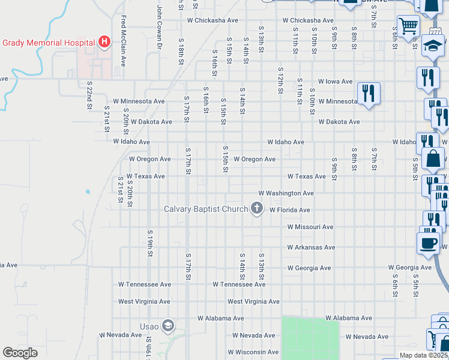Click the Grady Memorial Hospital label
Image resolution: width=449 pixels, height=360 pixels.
tap(49, 43)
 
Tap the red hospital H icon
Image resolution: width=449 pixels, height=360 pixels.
tap(104, 42)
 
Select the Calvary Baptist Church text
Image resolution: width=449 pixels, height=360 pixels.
tap(206, 209)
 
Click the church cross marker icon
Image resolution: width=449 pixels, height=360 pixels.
tap(257, 209)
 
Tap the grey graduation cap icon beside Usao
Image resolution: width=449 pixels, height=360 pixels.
tap(168, 326)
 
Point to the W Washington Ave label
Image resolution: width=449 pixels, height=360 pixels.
tap(286, 194)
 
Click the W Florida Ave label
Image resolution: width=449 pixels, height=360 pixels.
tap(289, 211)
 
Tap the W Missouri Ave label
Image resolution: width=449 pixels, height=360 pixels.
tap(310, 227)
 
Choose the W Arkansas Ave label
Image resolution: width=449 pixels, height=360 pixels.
tap(310, 247)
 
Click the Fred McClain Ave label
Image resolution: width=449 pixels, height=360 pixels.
tap(123, 40)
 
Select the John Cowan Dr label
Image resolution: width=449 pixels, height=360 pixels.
tap(159, 27)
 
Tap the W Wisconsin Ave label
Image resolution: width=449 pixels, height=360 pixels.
tap(253, 352)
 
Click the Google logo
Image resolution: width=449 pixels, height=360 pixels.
tap(20, 353)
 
